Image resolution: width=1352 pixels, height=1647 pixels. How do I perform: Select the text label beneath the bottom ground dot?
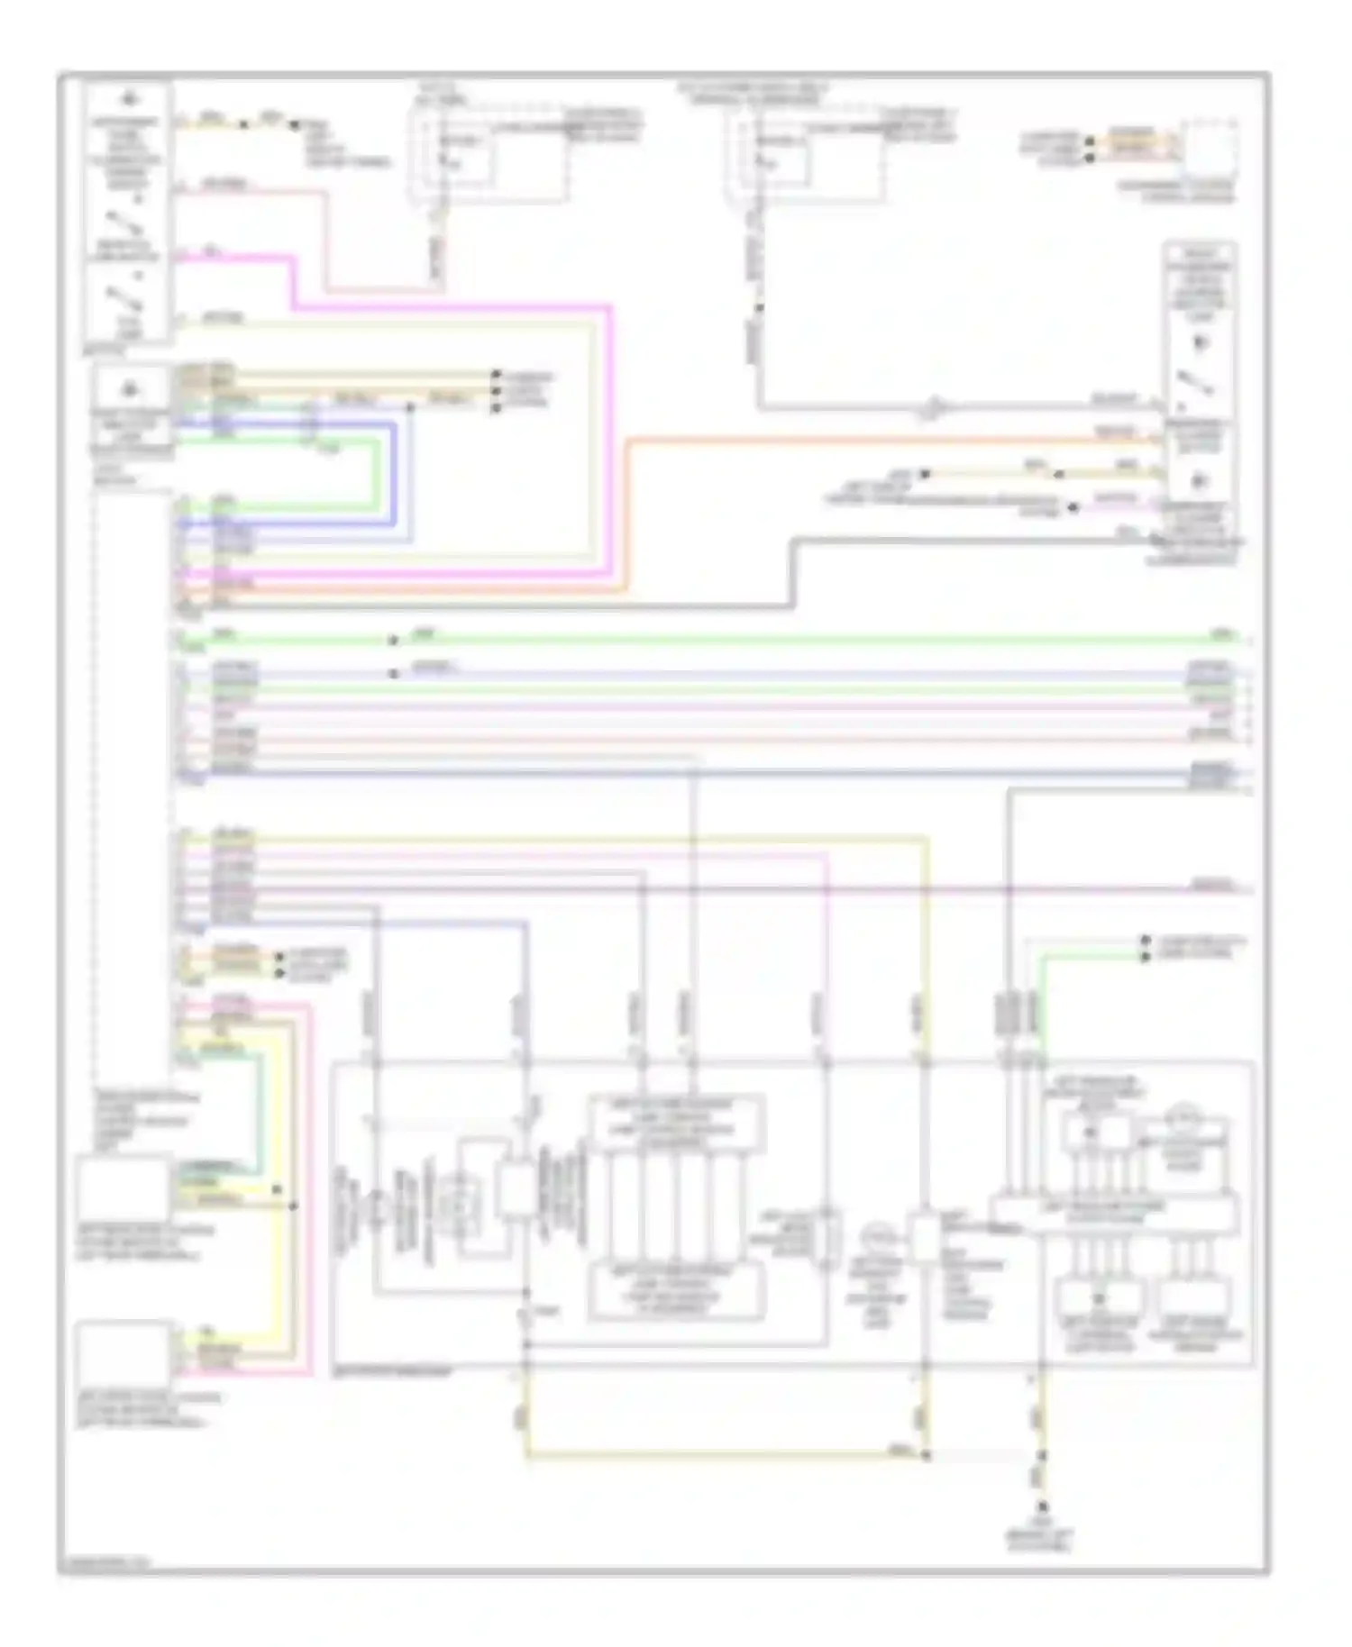pyautogui.click(x=1042, y=1536)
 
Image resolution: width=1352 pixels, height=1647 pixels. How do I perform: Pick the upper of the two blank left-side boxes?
pyautogui.click(x=123, y=1187)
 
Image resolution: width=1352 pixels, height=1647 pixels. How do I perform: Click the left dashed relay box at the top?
pyautogui.click(x=491, y=155)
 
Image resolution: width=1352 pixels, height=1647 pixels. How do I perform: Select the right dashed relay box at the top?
pyautogui.click(x=807, y=155)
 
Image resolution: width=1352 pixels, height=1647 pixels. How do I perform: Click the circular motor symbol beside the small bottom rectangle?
pyautogui.click(x=879, y=1236)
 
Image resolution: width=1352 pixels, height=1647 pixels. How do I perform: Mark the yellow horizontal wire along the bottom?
pyautogui.click(x=721, y=1453)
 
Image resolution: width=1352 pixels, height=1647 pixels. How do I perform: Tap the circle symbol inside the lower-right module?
pyautogui.click(x=1183, y=1120)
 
